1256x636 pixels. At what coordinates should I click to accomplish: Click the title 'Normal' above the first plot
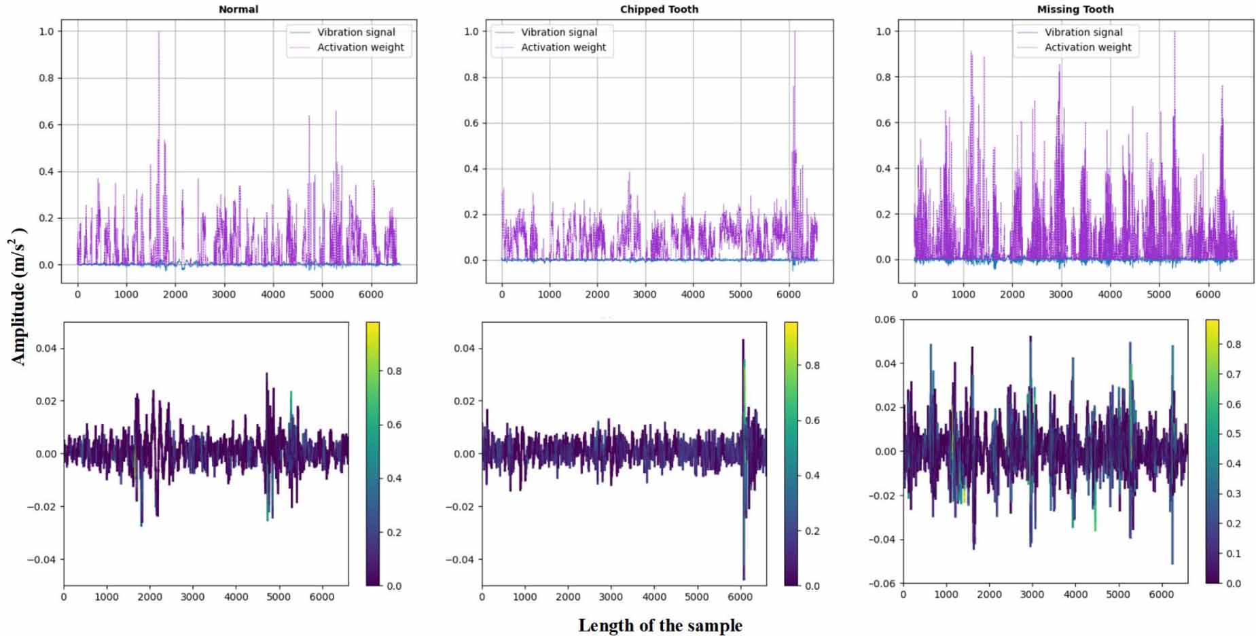238,10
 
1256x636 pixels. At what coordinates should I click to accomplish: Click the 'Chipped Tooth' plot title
659,10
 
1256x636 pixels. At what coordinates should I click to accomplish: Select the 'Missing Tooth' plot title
1075,10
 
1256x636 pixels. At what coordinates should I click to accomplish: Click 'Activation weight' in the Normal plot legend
360,48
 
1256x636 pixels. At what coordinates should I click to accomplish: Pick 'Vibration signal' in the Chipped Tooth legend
558,32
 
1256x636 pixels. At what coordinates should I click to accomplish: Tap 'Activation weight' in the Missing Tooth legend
1088,48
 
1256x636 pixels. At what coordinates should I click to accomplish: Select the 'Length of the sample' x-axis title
660,625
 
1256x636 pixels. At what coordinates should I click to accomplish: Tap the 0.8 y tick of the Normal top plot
46,78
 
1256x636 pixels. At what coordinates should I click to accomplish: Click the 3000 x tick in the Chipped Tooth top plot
645,294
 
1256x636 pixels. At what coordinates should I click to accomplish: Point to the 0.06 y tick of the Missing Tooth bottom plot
884,319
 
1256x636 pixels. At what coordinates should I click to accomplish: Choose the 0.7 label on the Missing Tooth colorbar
1233,374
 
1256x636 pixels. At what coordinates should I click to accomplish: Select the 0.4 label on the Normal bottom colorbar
394,478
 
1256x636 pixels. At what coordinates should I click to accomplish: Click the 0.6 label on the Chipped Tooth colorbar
812,421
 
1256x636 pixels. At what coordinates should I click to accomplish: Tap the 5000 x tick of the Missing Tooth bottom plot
1118,595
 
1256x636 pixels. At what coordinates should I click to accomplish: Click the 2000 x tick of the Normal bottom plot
149,597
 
